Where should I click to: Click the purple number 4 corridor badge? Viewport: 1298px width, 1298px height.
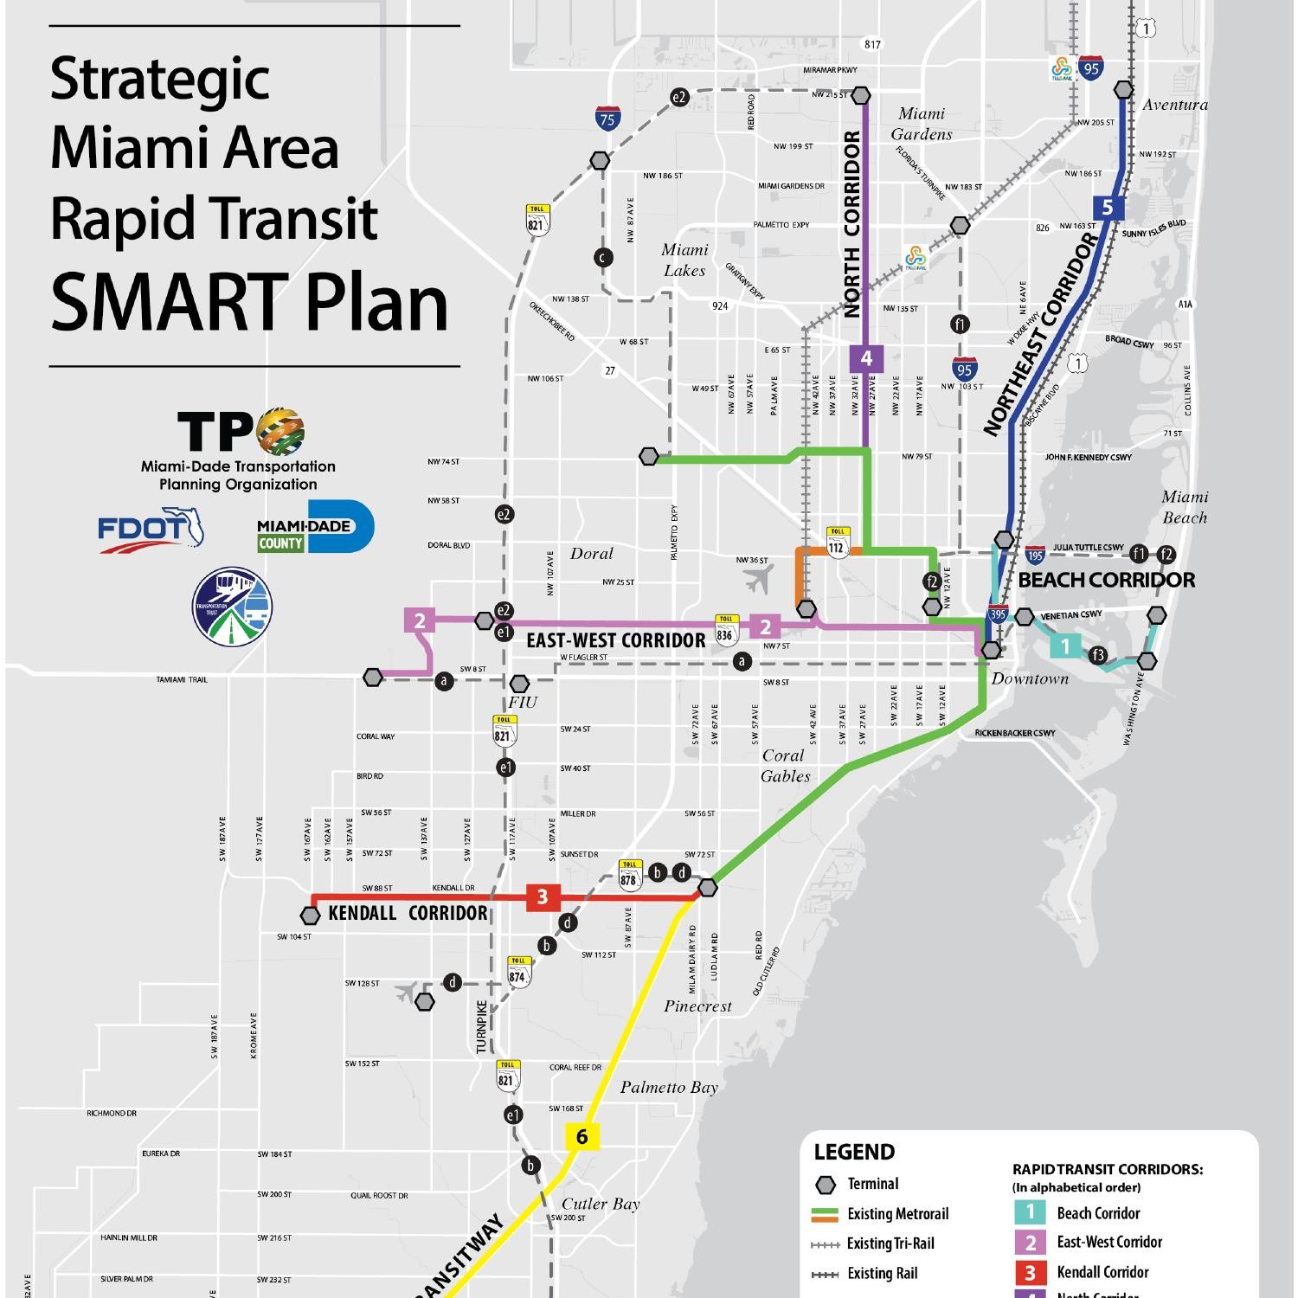pos(866,358)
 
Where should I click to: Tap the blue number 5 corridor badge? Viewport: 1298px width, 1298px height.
pos(1108,208)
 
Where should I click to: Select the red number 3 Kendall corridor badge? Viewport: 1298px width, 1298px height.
pos(543,897)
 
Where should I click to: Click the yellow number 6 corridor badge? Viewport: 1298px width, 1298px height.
pos(582,1136)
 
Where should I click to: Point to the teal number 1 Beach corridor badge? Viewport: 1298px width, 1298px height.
pos(1065,646)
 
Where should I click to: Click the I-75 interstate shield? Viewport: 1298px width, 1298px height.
pos(607,119)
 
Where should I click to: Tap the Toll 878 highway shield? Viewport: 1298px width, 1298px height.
pos(629,875)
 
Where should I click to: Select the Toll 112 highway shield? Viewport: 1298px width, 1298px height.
pos(837,542)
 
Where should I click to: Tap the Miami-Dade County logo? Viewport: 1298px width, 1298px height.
pos(316,525)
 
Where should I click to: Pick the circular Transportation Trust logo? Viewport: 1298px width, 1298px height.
pos(232,606)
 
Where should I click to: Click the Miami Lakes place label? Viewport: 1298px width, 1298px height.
pos(684,260)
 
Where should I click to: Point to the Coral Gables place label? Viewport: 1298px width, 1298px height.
pos(785,766)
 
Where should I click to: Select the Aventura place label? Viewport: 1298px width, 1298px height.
pos(1174,105)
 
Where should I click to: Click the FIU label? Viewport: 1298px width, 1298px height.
pos(523,703)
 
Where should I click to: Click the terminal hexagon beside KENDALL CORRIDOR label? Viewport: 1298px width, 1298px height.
pos(310,915)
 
